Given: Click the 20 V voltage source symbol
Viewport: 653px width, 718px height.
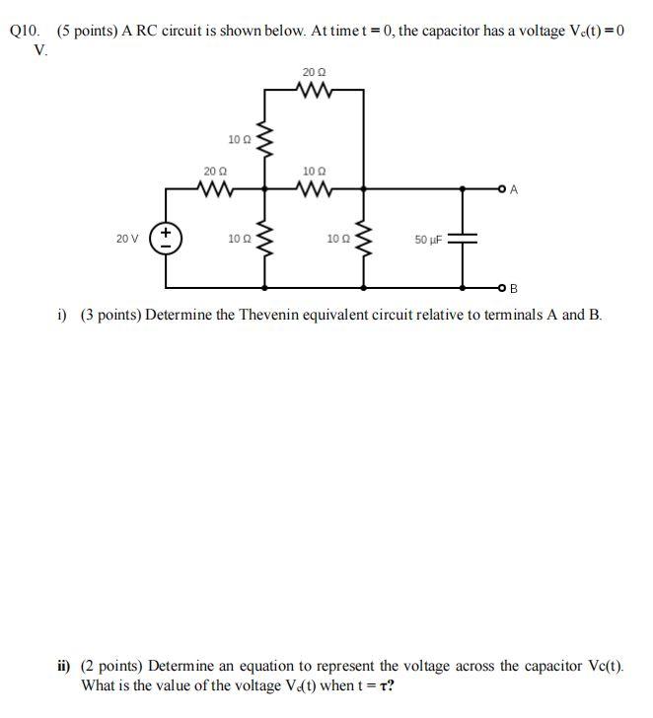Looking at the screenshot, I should click(166, 239).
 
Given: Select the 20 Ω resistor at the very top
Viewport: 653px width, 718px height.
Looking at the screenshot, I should click(315, 91).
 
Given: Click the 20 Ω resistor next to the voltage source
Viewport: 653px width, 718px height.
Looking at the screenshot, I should click(216, 187).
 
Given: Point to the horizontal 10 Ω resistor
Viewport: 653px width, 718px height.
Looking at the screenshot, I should click(315, 187).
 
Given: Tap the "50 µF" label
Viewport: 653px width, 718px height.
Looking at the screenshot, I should click(429, 240).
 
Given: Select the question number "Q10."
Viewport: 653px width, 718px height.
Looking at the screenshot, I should click(25, 31).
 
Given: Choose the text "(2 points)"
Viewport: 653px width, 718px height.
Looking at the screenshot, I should click(113, 666).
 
